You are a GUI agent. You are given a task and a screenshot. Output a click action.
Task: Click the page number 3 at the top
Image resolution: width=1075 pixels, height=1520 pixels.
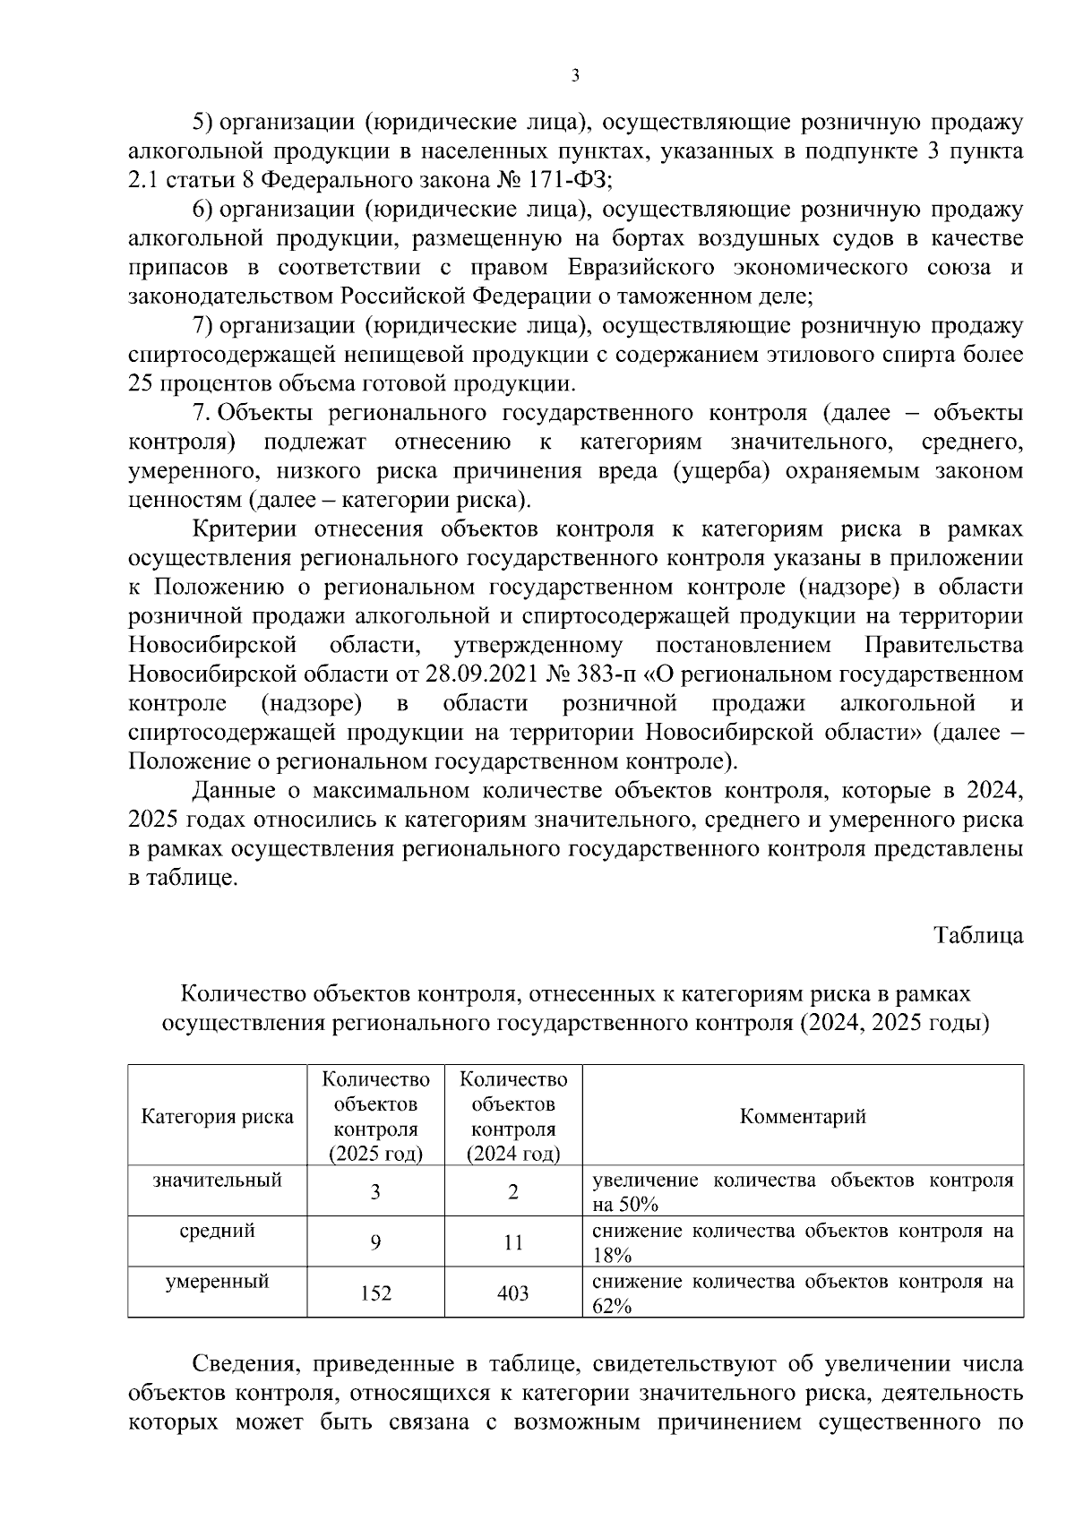tap(574, 76)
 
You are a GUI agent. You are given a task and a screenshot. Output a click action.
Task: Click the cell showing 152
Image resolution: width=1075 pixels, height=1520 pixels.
tap(375, 1293)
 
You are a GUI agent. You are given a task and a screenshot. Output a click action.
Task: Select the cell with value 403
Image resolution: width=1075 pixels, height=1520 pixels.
tap(513, 1293)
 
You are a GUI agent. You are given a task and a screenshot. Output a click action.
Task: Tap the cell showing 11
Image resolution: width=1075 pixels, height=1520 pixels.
tap(513, 1242)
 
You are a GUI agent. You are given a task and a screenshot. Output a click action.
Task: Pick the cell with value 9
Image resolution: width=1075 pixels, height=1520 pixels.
tap(375, 1242)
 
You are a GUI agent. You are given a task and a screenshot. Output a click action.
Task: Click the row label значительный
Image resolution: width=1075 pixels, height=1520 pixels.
tap(218, 1180)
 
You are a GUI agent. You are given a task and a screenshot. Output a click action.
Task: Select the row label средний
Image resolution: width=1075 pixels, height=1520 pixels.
tap(218, 1231)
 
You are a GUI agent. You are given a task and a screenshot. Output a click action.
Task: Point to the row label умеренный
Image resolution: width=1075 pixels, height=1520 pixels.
tap(218, 1282)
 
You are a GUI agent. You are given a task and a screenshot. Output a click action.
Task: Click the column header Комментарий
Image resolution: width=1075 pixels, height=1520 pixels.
tap(803, 1116)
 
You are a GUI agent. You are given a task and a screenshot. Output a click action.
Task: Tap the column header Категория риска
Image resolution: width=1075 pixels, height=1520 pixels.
tap(218, 1116)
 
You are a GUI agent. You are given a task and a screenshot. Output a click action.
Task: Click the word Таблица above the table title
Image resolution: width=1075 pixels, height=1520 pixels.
tap(978, 936)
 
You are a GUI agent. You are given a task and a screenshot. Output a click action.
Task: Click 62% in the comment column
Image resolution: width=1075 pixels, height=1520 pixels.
tap(613, 1306)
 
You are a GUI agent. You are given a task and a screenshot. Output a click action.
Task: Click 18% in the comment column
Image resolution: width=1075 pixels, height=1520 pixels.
tap(613, 1255)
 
